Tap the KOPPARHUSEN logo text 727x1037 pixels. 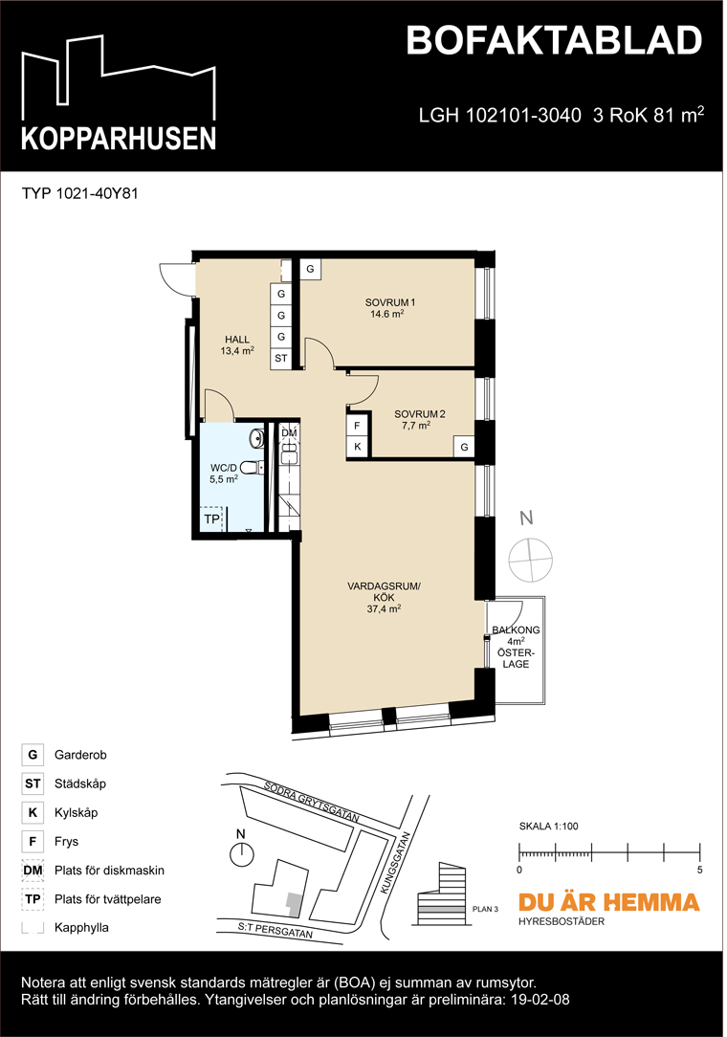(x=119, y=139)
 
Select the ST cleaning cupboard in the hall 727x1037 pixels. (x=281, y=359)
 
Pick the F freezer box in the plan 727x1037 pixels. (x=357, y=426)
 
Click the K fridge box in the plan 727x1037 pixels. (x=357, y=447)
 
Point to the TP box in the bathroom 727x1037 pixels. (x=210, y=519)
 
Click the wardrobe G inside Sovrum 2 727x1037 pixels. (x=464, y=447)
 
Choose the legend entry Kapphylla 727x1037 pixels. (x=81, y=928)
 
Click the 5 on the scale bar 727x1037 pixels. (x=700, y=871)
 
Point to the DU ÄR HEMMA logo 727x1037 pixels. (x=608, y=902)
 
